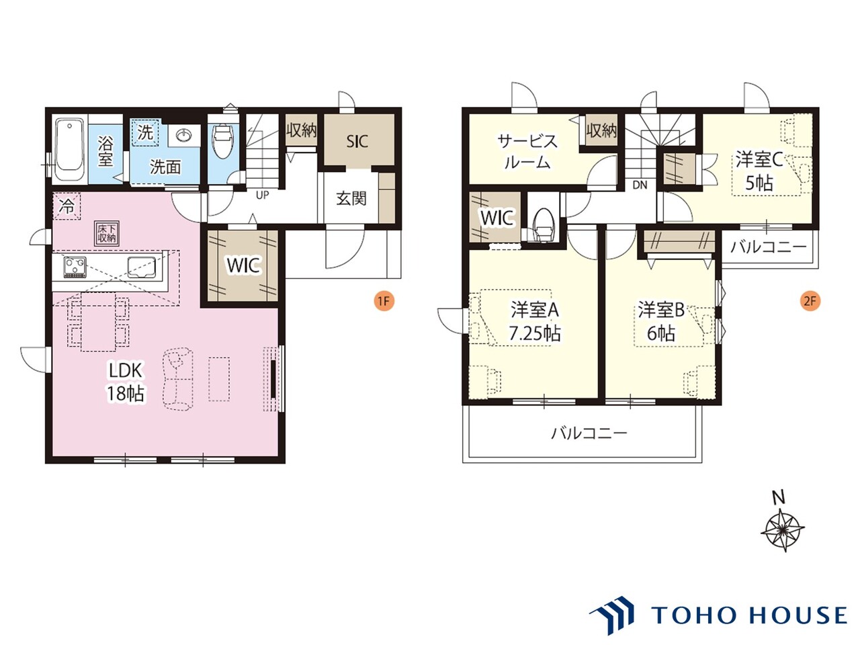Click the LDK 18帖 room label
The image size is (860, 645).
click(x=126, y=382)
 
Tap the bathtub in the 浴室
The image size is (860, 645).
click(x=69, y=149)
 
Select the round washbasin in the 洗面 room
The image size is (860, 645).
click(x=183, y=136)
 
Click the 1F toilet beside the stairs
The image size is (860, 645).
click(x=222, y=140)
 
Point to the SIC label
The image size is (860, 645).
click(x=357, y=141)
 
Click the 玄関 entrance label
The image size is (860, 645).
click(x=351, y=199)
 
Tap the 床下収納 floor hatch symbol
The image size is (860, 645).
click(x=106, y=234)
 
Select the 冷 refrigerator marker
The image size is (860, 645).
click(x=67, y=206)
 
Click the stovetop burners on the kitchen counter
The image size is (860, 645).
click(x=75, y=267)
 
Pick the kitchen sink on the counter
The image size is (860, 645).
click(x=141, y=267)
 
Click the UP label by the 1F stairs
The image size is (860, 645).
click(x=262, y=195)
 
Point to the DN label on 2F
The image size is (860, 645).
click(x=640, y=185)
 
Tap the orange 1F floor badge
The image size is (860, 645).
click(x=383, y=301)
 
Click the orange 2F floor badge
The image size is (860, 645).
click(x=810, y=301)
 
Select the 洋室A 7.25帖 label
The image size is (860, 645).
click(x=535, y=322)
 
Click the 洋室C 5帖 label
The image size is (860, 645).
click(x=759, y=171)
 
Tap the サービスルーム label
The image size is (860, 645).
click(x=527, y=152)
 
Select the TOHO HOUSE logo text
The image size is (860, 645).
click(x=749, y=615)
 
